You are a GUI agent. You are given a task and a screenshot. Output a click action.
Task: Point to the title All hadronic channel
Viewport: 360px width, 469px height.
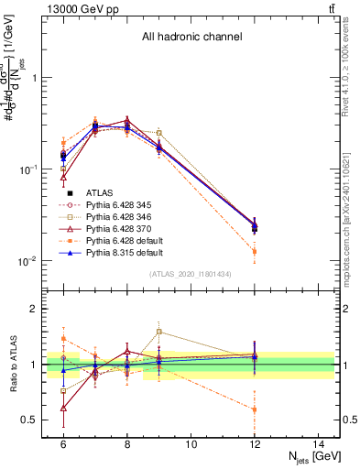(x=191, y=38)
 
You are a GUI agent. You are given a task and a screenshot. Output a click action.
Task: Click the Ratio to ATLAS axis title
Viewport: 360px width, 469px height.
(x=12, y=365)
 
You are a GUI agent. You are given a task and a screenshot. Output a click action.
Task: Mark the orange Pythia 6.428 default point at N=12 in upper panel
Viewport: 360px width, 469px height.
(x=254, y=250)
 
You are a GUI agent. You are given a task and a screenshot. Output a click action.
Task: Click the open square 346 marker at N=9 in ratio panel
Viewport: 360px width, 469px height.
(x=158, y=332)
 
